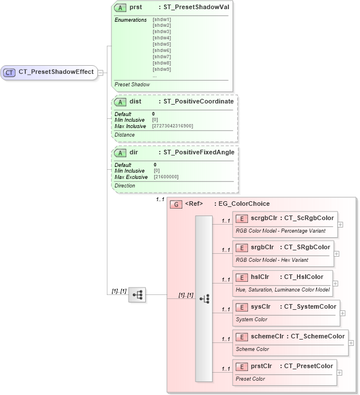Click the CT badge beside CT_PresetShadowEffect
[10, 73]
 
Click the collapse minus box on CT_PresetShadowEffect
[100, 73]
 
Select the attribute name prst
[136, 7]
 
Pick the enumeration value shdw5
[162, 44]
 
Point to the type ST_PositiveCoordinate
[198, 101]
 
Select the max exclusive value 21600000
[166, 177]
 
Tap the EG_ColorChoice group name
[242, 204]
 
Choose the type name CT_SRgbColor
[307, 247]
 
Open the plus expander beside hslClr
[335, 283]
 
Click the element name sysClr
[260, 306]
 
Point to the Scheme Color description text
[252, 349]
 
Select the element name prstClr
[261, 366]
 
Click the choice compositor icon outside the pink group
[137, 295]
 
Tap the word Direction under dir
[125, 186]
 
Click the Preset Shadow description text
[132, 84]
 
